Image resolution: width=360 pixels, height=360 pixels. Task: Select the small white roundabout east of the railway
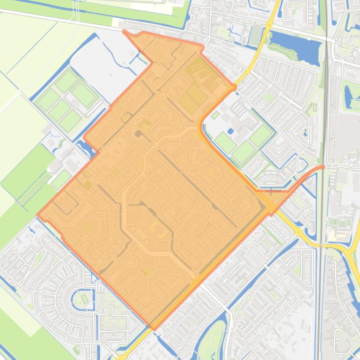click(347, 164)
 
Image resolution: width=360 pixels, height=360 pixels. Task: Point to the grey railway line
click(323, 117)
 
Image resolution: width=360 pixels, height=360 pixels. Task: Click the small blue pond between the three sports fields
click(231, 131)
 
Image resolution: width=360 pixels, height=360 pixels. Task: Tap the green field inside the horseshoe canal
click(85, 298)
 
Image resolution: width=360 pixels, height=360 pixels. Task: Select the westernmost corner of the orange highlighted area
click(38, 216)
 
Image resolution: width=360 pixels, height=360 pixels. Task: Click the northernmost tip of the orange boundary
click(124, 31)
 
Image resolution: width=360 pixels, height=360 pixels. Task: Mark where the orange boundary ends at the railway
click(323, 167)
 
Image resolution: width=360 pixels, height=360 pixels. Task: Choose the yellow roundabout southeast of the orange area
click(299, 231)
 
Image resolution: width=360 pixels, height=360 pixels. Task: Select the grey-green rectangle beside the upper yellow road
click(256, 35)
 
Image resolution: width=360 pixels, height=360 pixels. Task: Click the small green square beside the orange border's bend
click(215, 115)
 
